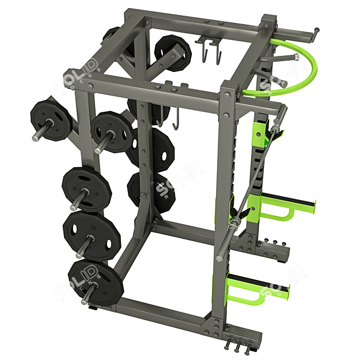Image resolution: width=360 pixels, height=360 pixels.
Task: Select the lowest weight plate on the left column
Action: [x=97, y=282]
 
